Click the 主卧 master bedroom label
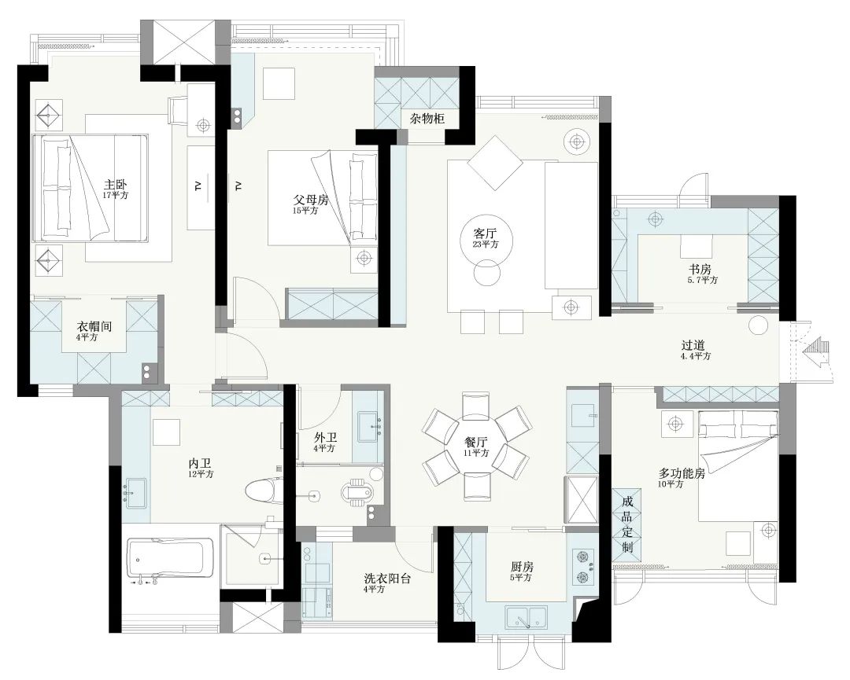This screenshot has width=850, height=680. point(116,185)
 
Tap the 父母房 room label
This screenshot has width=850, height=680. point(311,200)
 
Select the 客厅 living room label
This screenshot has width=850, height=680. point(485,233)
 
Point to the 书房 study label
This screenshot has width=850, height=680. point(700,269)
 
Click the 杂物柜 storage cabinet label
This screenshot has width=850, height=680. point(427,119)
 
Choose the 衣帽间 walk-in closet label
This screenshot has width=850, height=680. point(94,326)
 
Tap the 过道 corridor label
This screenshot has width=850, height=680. point(693,345)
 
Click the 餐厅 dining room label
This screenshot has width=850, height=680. point(476,442)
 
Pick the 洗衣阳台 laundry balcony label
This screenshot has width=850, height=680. point(387,579)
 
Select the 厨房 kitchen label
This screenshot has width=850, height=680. point(522,567)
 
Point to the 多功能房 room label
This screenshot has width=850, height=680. point(682,473)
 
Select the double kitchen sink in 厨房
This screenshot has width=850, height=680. point(527,618)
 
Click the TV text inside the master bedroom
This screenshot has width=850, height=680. point(198,186)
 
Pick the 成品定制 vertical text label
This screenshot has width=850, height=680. point(627,524)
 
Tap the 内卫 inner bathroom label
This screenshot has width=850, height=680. point(199,464)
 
